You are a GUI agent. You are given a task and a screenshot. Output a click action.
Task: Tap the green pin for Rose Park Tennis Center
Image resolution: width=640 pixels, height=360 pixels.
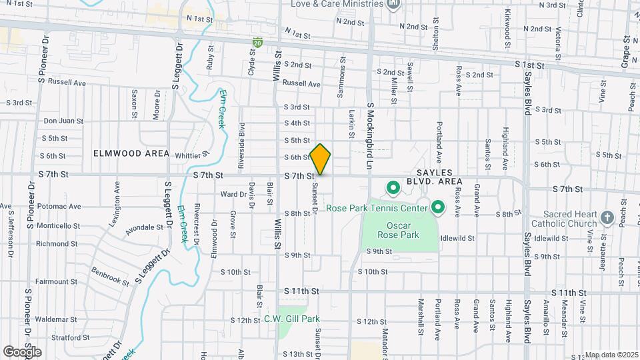tap(437, 209)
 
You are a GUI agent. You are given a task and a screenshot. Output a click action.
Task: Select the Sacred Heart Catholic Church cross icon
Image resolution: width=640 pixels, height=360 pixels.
tap(607, 217)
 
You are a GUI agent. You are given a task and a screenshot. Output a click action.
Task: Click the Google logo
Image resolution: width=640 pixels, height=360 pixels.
tap(22, 351)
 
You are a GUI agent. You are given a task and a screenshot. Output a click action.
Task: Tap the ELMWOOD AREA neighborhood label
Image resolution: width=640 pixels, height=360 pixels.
tap(131, 153)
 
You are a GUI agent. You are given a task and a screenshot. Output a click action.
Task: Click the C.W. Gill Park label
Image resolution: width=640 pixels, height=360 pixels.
tap(292, 319)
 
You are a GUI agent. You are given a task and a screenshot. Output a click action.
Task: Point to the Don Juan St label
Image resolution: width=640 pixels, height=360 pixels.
tap(63, 121)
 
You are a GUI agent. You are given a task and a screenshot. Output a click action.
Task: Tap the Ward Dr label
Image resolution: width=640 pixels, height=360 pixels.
tap(233, 195)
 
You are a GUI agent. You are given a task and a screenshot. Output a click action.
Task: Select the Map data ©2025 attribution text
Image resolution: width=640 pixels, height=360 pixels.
tap(611, 355)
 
